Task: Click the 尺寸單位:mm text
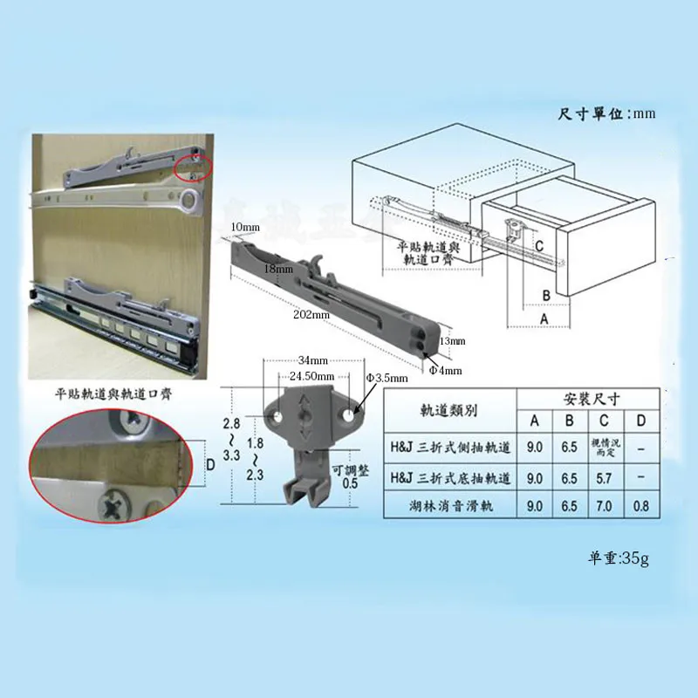pyautogui.click(x=606, y=113)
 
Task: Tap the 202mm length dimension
pyautogui.click(x=311, y=314)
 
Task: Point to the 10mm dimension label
pyautogui.click(x=246, y=228)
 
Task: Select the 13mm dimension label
pyautogui.click(x=453, y=340)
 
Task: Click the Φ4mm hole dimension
pyautogui.click(x=445, y=370)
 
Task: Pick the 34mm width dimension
pyautogui.click(x=311, y=360)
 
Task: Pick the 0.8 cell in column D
pyautogui.click(x=641, y=506)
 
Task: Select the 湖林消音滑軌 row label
pyautogui.click(x=449, y=506)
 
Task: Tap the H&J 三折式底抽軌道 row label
pyautogui.click(x=449, y=478)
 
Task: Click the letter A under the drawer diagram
pyautogui.click(x=545, y=320)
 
